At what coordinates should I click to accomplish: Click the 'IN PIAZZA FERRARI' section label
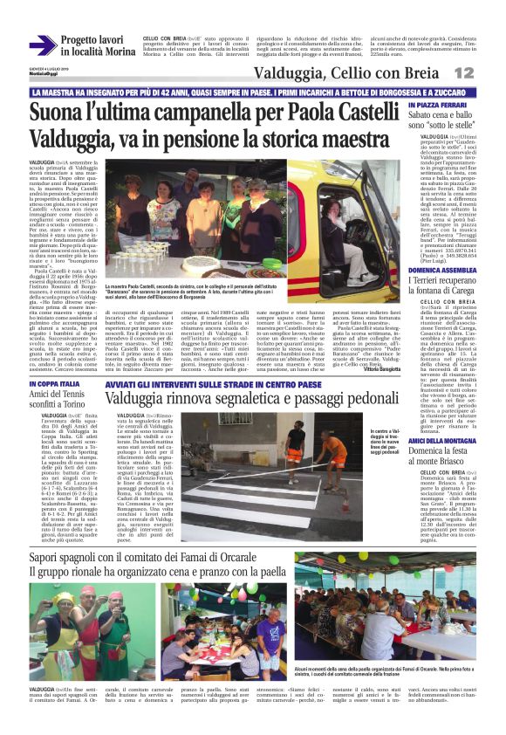(438, 105)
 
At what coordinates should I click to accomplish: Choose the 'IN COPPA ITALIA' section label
(57, 384)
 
